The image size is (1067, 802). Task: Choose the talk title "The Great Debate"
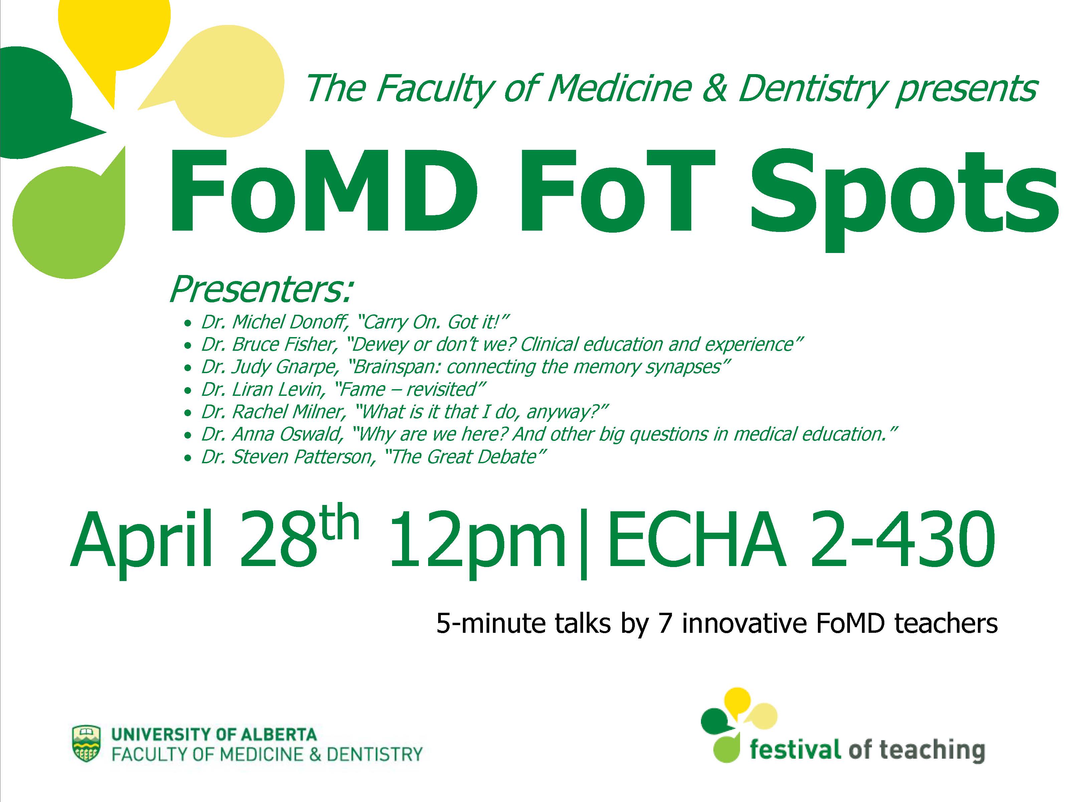pos(465,457)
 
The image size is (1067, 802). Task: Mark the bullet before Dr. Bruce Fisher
pos(188,345)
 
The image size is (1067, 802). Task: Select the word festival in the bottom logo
pos(794,750)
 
